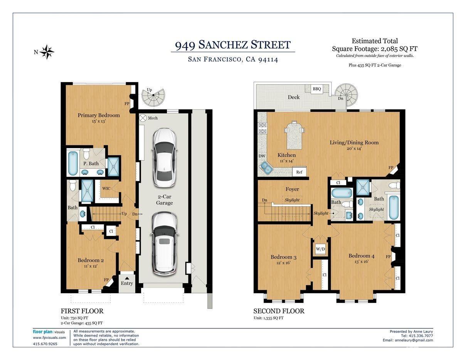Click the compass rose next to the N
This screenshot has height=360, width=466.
(47, 52)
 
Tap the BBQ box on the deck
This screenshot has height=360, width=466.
(317, 89)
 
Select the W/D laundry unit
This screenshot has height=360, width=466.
(320, 249)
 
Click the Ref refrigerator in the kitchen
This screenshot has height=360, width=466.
(299, 172)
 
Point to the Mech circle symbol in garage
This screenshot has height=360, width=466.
(143, 118)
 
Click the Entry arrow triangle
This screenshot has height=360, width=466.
(127, 278)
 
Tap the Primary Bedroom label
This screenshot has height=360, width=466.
(99, 115)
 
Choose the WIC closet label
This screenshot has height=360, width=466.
(106, 188)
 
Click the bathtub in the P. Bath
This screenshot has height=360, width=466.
(73, 163)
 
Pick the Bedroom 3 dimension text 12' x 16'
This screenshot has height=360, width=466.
(283, 262)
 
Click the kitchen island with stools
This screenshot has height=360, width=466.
(294, 135)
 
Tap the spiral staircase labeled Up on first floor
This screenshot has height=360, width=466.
(153, 98)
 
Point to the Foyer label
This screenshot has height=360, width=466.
(292, 189)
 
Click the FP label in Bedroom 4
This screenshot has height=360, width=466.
(388, 257)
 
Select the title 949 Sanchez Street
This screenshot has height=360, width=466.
(233, 45)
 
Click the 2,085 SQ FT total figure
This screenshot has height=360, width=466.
(399, 49)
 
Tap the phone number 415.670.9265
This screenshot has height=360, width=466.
(45, 344)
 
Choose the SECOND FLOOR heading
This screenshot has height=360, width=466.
(279, 311)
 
